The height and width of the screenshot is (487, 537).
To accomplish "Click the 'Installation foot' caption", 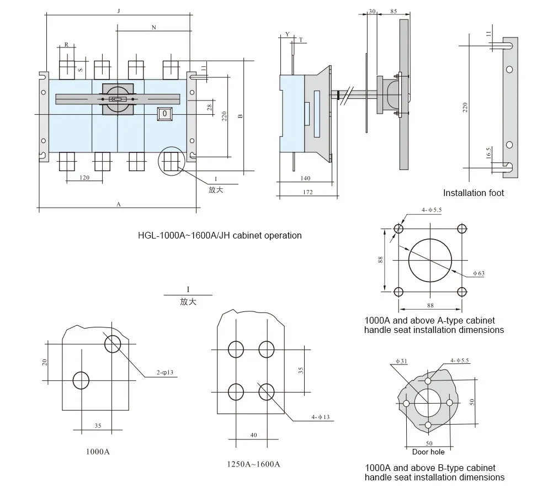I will pos(474,193).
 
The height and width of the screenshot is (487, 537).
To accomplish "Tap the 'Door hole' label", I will pos(428,452).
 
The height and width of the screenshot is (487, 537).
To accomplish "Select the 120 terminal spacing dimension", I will pos(84,178).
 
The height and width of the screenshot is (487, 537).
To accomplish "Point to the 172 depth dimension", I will pos(307,192).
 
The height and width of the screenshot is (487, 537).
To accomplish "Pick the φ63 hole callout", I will pos(478,273).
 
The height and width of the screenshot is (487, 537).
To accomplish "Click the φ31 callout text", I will pos(401,362).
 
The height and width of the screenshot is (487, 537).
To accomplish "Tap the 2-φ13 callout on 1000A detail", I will pos(164,373).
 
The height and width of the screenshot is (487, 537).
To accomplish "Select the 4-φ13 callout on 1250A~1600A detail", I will pos(320,417).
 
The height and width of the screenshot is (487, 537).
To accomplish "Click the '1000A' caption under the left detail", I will pos(98,452).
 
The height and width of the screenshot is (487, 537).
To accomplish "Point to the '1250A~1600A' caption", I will pos(253,464).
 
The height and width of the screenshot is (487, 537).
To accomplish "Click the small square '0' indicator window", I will pos(164,113).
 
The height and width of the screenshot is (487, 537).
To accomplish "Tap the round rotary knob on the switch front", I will pos(116,99).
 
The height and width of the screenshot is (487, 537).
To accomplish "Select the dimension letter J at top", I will pos(119,11).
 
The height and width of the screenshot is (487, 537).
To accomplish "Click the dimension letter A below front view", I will pos(118,204).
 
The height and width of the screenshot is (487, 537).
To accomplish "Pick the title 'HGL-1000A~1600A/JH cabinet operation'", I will pos(220,235).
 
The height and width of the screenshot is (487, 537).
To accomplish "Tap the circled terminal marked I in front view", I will pos(172,162).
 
